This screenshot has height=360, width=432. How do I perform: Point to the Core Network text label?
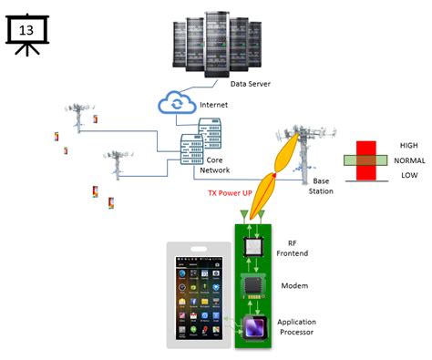click(214, 165)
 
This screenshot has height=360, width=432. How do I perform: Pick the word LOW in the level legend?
click(407, 176)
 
